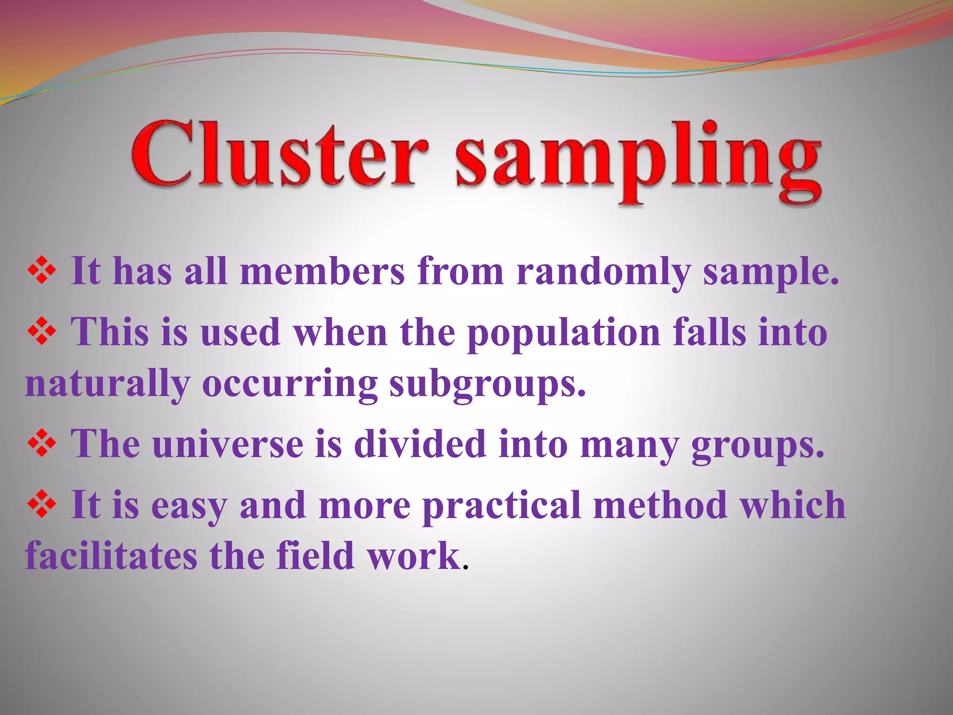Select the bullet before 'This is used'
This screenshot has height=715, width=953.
[42, 332]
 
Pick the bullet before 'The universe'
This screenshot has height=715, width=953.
[42, 443]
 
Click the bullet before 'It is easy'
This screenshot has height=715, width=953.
[42, 505]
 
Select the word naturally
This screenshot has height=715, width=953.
[107, 385]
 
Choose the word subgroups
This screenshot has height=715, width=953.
[487, 385]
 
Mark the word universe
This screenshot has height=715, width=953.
[228, 445]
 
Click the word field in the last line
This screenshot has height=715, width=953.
[315, 556]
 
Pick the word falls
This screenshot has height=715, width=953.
[709, 333]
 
